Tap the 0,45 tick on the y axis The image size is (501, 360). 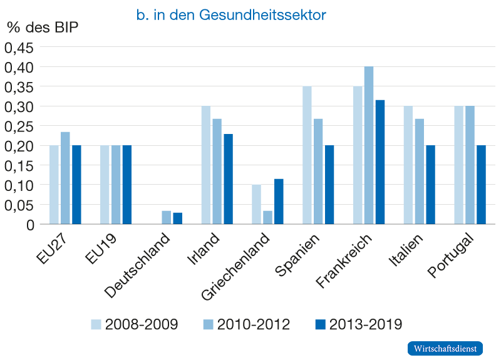(x=21, y=48)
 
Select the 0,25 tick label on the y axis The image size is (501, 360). (x=21, y=126)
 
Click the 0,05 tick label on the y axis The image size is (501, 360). (x=21, y=205)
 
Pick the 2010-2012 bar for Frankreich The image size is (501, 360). (x=369, y=145)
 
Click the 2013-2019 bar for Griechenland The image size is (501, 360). (x=279, y=202)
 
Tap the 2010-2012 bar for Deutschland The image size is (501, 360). (x=167, y=217)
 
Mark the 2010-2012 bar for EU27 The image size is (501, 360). (x=66, y=178)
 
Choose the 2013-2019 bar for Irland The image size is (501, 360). (x=229, y=179)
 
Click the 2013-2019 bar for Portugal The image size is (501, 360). (x=481, y=185)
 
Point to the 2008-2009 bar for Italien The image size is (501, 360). (x=408, y=165)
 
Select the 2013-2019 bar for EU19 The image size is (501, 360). (x=127, y=185)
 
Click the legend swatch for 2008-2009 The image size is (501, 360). (x=96, y=324)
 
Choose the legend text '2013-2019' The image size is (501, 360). (x=366, y=324)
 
